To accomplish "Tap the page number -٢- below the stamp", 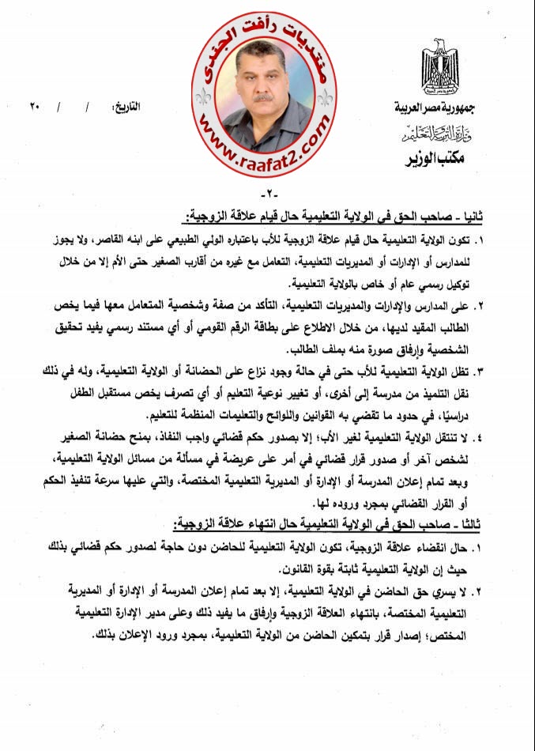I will [266, 195].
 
